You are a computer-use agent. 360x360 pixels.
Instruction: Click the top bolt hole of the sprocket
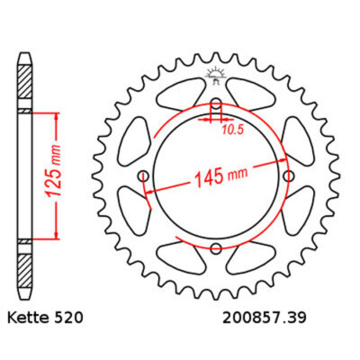coord(215,101)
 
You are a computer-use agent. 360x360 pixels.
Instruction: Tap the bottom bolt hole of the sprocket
coord(215,248)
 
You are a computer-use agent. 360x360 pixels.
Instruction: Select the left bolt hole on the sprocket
coord(142,175)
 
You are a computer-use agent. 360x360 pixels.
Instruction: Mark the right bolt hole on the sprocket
coord(288,175)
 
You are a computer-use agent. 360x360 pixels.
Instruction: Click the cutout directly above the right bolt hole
coord(292,139)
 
